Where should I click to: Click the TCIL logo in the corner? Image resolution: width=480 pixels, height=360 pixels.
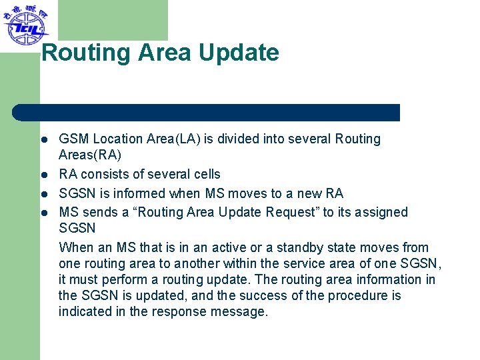tap(25, 25)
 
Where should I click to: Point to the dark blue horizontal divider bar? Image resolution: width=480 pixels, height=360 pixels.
tap(207, 113)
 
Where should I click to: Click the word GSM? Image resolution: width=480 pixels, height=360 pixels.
tap(74, 139)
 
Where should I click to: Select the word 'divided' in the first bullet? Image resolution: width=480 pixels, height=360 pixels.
tap(260, 139)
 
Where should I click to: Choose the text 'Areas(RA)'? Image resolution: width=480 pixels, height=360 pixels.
tap(90, 155)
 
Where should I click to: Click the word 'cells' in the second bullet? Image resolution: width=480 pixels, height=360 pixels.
tap(205, 175)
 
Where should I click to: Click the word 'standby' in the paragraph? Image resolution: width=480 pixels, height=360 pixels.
tap(299, 248)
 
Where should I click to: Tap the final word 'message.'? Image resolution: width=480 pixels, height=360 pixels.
tap(242, 312)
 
